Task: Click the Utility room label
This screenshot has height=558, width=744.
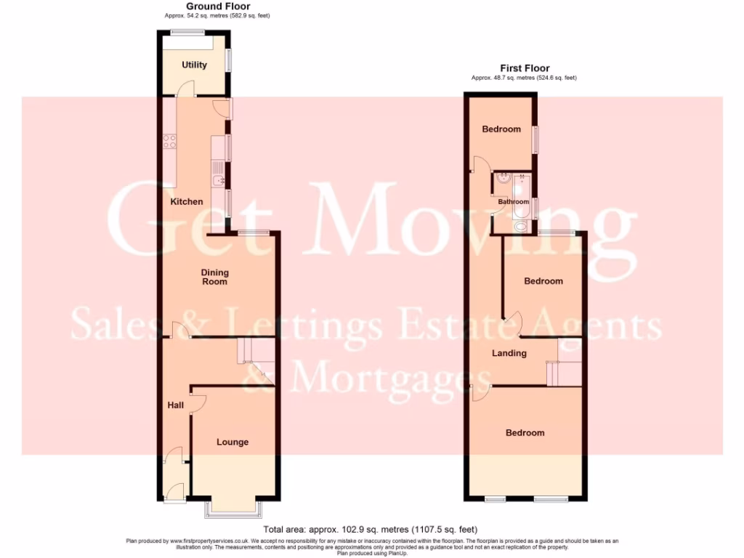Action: pyautogui.click(x=194, y=65)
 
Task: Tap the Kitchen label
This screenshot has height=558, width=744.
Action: pyautogui.click(x=187, y=201)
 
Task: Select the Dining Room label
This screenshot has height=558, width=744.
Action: pyautogui.click(x=214, y=277)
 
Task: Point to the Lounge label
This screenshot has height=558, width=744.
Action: pyautogui.click(x=232, y=442)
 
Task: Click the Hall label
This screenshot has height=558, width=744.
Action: pyautogui.click(x=175, y=405)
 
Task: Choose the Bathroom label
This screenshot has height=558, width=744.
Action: pyautogui.click(x=513, y=201)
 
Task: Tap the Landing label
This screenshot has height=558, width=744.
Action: pyautogui.click(x=509, y=353)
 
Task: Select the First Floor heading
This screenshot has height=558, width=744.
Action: pyautogui.click(x=524, y=69)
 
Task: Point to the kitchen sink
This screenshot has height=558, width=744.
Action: pyautogui.click(x=218, y=180)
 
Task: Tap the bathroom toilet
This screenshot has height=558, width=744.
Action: pyautogui.click(x=521, y=226)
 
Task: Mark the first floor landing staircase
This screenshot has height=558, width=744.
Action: pyautogui.click(x=565, y=372)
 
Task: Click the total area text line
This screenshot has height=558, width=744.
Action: pyautogui.click(x=371, y=529)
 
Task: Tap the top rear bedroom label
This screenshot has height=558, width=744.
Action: pyautogui.click(x=501, y=129)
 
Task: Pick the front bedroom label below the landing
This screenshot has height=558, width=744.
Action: pyautogui.click(x=525, y=432)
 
